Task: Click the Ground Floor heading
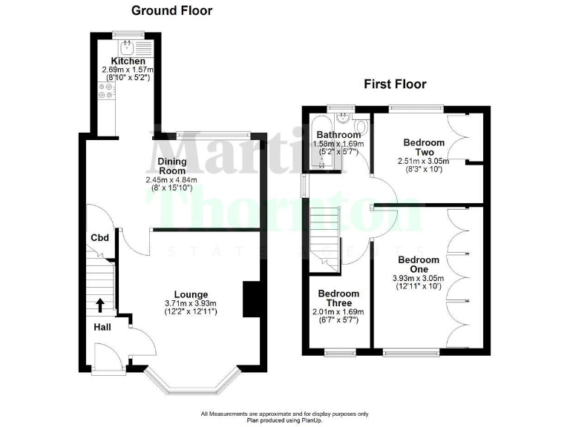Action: pyautogui.click(x=171, y=10)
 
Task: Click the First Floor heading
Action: pyautogui.click(x=394, y=84)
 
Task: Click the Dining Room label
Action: pyautogui.click(x=171, y=165)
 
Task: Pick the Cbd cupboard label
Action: pyautogui.click(x=100, y=238)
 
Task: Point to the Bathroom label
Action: pyautogui.click(x=339, y=134)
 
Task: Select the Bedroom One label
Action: pyautogui.click(x=418, y=265)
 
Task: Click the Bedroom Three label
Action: pyautogui.click(x=338, y=299)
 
